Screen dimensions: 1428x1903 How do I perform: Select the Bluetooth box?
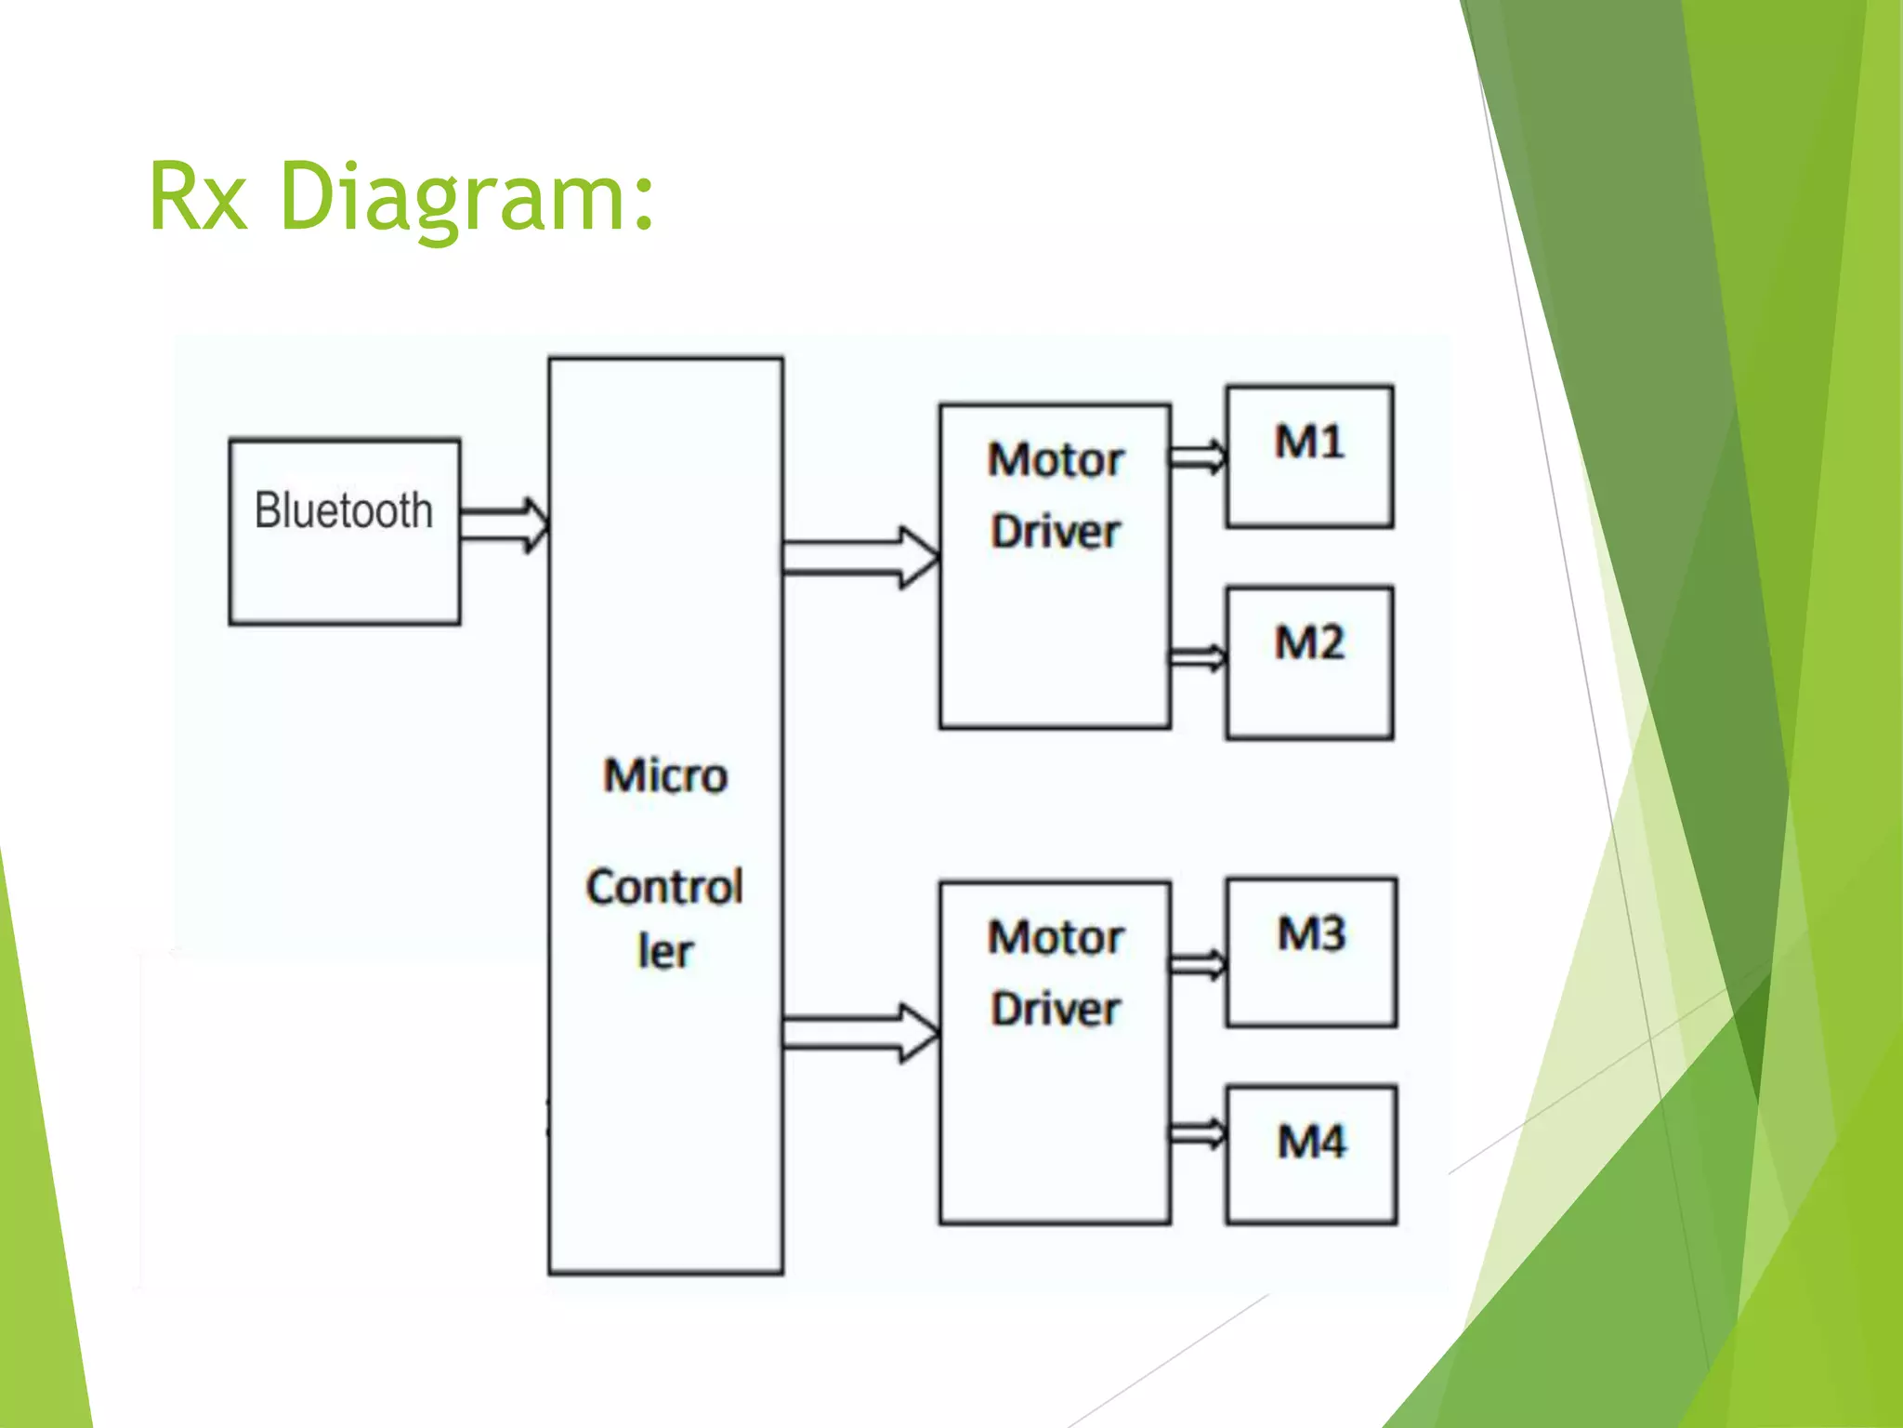[344, 531]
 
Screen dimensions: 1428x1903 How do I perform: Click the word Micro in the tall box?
[665, 775]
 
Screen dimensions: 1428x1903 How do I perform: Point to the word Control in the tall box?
[665, 887]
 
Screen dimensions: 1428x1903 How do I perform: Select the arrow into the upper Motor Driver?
[860, 557]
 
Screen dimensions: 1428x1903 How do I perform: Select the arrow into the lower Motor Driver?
[860, 1033]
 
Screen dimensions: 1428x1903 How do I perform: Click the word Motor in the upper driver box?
[1056, 459]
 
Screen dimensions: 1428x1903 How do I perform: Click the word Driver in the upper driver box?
[1056, 532]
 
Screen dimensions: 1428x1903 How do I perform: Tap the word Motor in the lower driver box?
[1056, 937]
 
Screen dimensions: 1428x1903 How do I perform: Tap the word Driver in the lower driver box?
[1056, 1010]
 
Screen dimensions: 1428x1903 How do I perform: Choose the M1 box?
[1309, 456]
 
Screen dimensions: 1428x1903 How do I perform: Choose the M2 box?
[1309, 662]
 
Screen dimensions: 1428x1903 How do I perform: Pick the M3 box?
[1311, 952]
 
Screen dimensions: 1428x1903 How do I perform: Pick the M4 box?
[1311, 1154]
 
